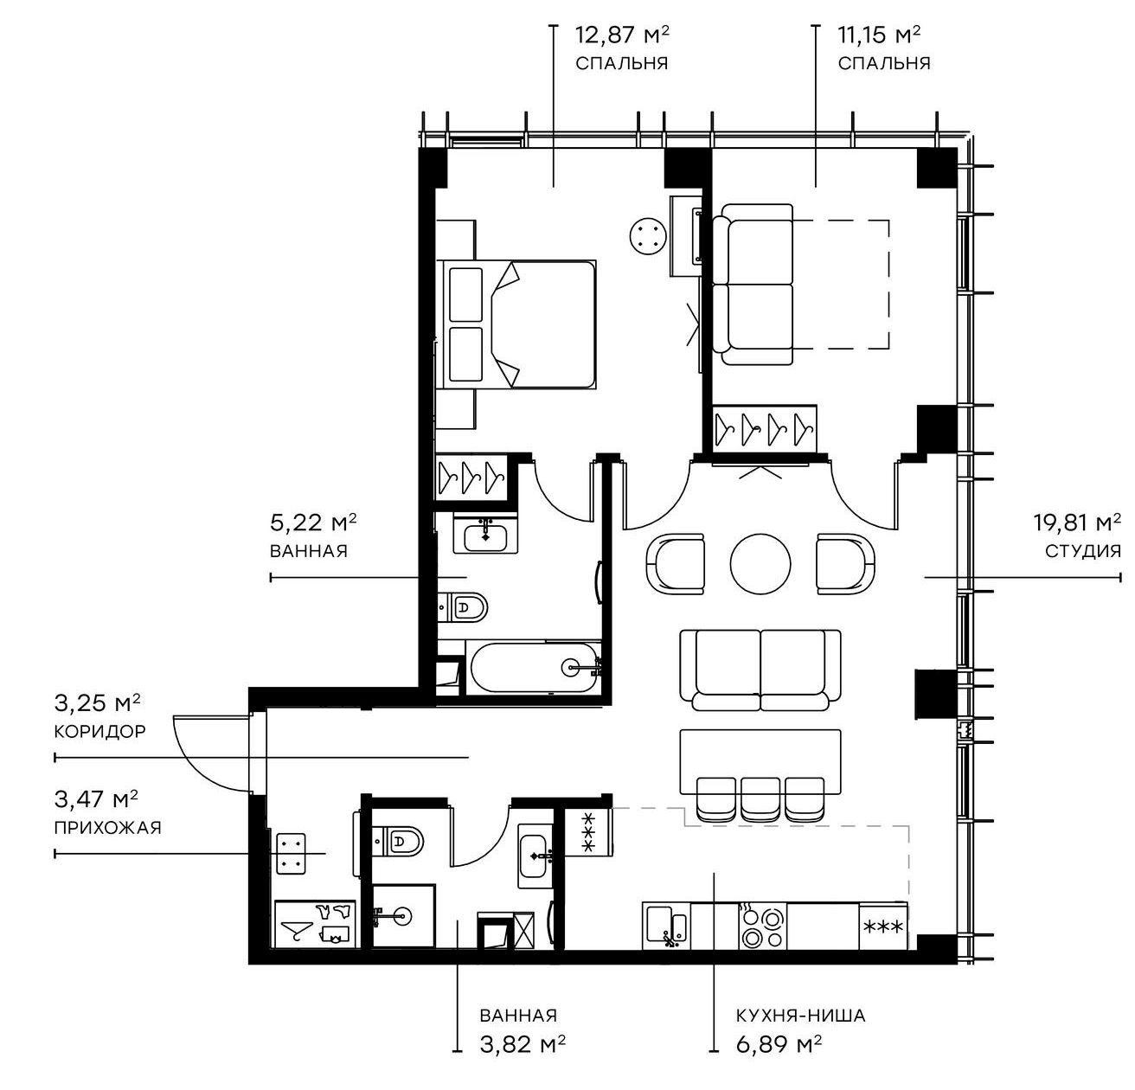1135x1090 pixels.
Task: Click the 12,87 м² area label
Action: [x=622, y=35]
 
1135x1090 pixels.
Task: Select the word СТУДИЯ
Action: [x=1082, y=551]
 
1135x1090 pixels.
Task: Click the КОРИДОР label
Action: [x=99, y=731]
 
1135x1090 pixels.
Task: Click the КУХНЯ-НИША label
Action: [x=800, y=1016]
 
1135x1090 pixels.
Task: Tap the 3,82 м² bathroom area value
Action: [x=523, y=1044]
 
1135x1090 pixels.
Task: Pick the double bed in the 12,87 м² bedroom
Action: [x=519, y=324]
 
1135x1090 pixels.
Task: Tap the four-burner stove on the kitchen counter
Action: [x=762, y=927]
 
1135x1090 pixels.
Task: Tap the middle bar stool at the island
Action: [x=761, y=798]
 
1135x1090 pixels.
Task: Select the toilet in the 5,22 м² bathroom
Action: [x=465, y=606]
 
